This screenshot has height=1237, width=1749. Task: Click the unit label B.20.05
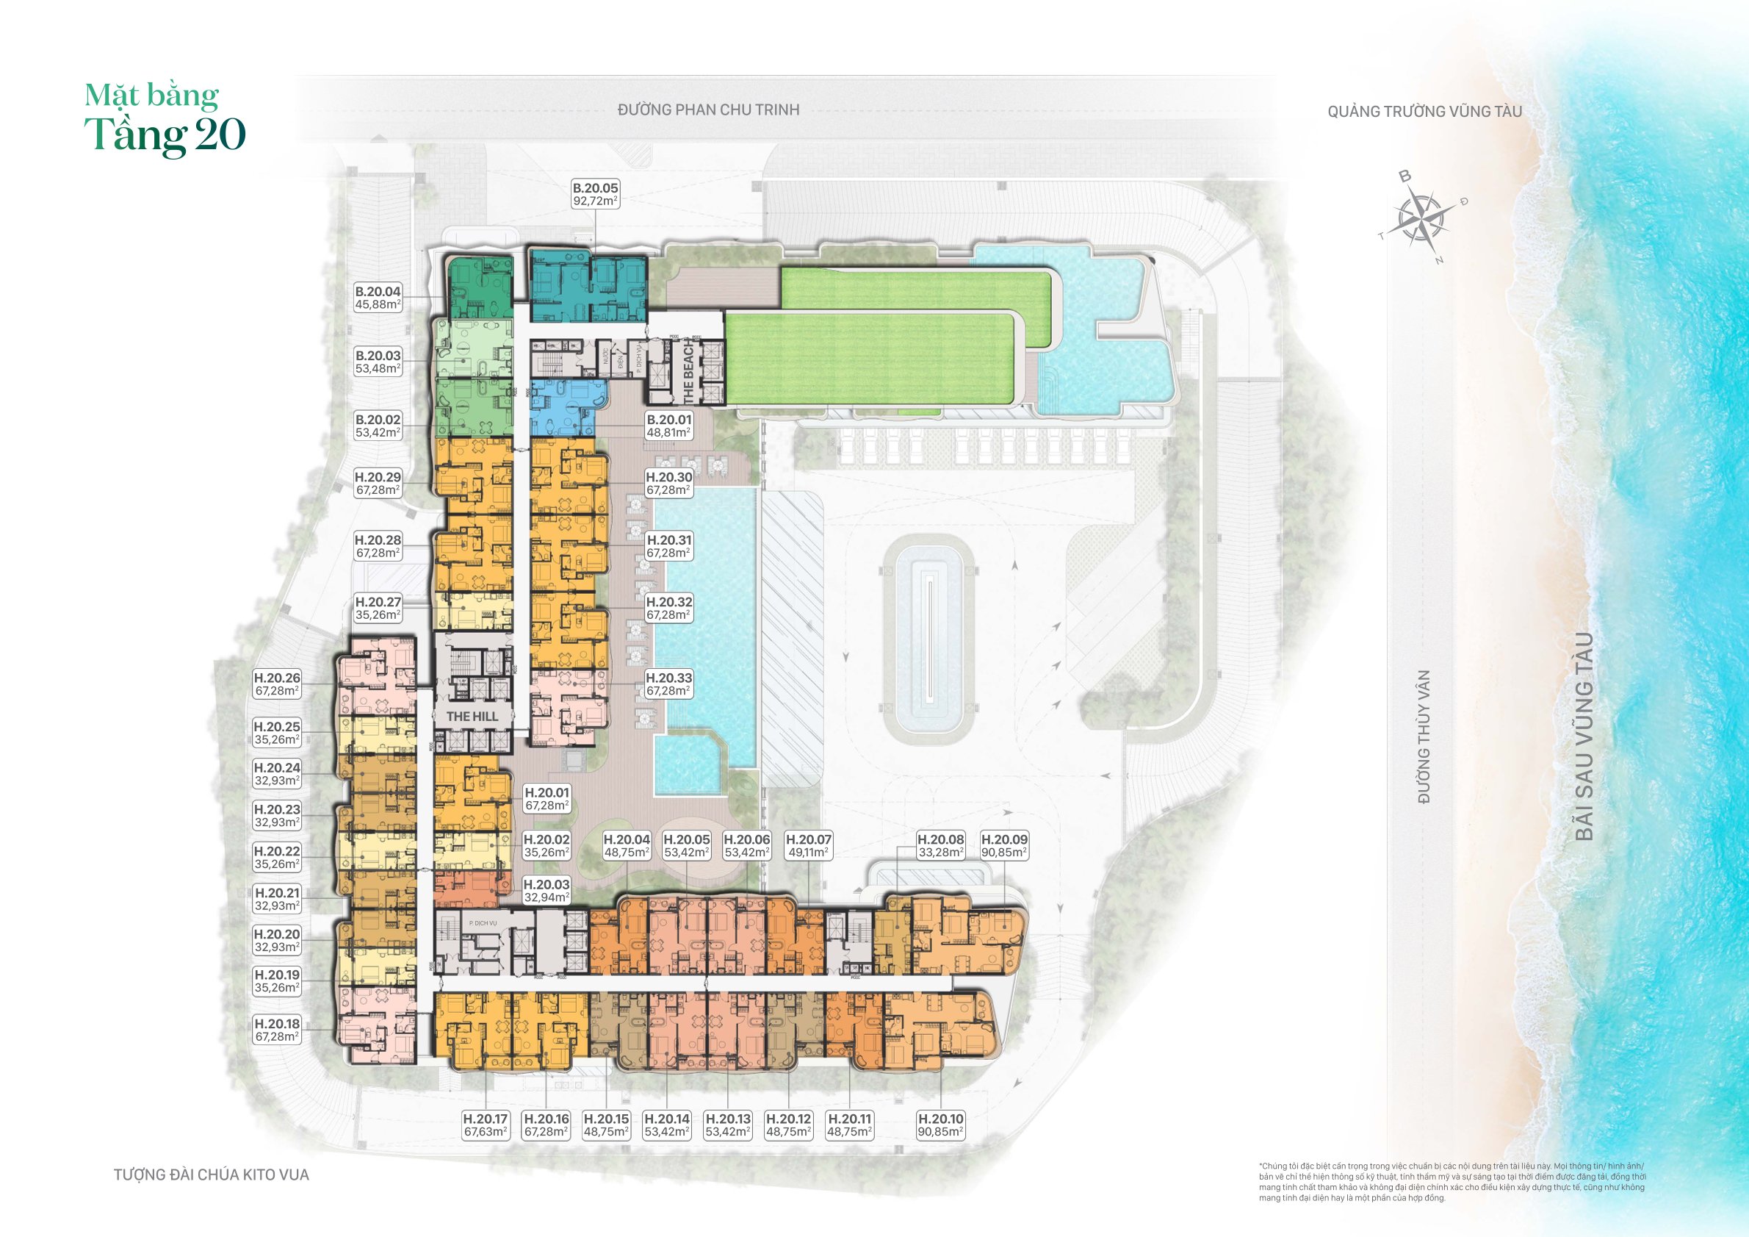pos(595,194)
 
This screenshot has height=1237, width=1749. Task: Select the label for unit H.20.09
pos(1004,846)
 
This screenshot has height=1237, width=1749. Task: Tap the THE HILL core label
pos(472,717)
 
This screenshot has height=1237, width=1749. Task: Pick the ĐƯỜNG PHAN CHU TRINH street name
pos(708,110)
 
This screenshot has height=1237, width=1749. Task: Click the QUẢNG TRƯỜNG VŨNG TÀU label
pos(1424,112)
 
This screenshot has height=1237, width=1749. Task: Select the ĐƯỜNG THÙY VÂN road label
pos(1424,736)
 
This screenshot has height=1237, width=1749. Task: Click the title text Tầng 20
pos(165,136)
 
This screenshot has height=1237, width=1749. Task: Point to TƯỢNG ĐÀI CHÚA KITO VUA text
pos(212,1175)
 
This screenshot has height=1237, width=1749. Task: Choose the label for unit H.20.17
pos(486,1125)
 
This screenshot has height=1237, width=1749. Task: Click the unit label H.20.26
pos(276,684)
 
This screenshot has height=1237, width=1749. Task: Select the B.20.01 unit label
pos(669,426)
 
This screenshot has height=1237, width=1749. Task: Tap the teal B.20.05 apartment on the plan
pos(588,287)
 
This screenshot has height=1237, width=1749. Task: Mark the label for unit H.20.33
pos(669,684)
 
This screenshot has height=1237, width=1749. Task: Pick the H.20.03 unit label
pos(547,891)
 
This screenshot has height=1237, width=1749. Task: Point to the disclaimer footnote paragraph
pos(1452,1182)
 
